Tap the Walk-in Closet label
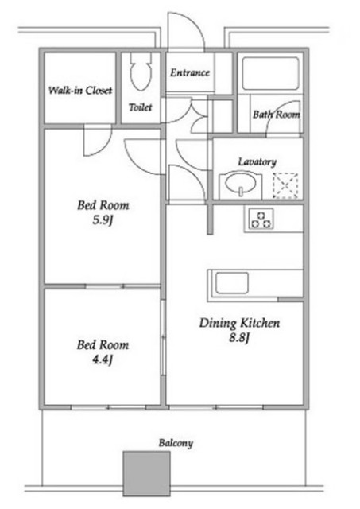tap(80, 90)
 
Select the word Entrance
tap(190, 72)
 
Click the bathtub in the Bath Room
tap(270, 74)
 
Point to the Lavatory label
tap(257, 161)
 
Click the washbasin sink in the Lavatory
tap(240, 185)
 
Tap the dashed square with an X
tap(285, 185)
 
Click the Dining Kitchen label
tap(239, 323)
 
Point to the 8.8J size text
tap(239, 338)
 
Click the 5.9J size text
tap(103, 220)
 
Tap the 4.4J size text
tap(103, 359)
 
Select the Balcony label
tap(176, 443)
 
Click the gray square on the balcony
tap(146, 474)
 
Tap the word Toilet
tap(140, 107)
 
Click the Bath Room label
tap(277, 115)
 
